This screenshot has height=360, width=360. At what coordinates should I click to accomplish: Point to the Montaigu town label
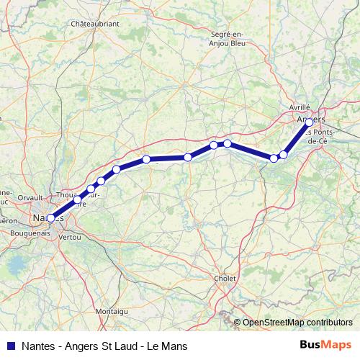(x=112, y=310)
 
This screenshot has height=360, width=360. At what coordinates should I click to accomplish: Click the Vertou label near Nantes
(x=70, y=236)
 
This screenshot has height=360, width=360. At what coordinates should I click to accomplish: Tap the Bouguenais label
(x=30, y=233)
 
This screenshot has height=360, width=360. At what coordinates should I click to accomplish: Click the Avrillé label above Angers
(x=299, y=107)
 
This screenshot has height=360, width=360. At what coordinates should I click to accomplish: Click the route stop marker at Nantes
(x=50, y=217)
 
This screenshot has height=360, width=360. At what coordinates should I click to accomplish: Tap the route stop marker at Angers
(x=309, y=123)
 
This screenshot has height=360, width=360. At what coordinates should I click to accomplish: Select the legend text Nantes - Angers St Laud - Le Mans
(x=105, y=346)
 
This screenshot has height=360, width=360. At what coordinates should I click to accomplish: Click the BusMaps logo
(x=325, y=346)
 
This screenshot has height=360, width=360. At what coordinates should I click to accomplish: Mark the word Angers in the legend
(x=84, y=346)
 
